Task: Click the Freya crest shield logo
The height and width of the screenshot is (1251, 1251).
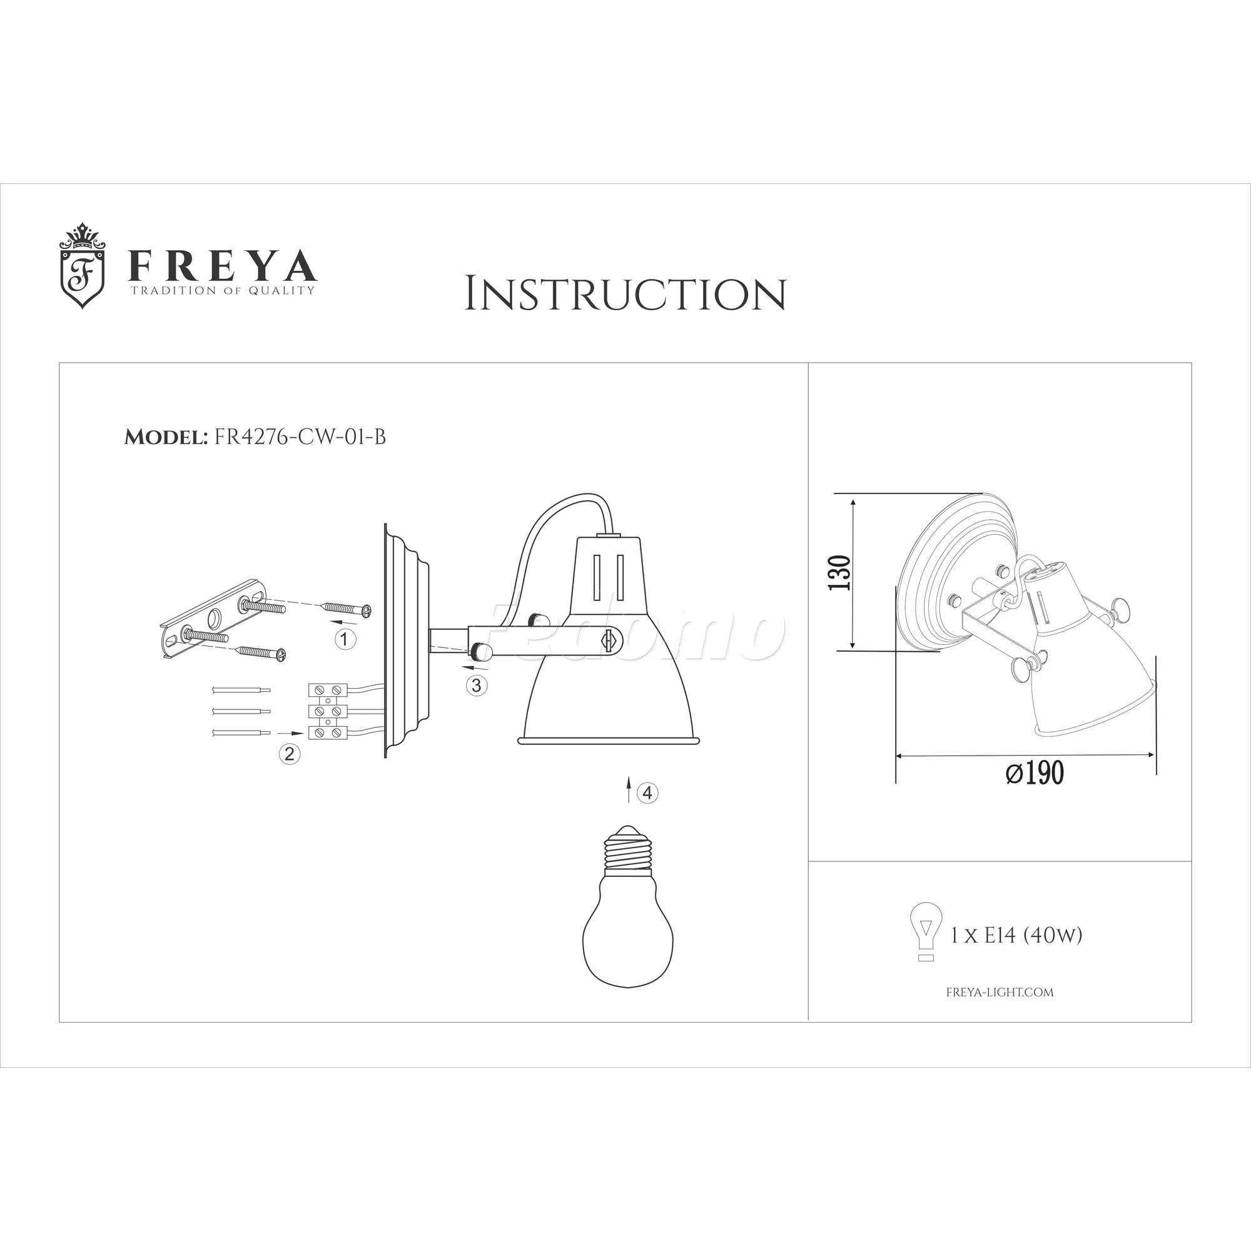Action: point(81,265)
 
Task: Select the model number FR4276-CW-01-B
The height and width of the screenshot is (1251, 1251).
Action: point(300,437)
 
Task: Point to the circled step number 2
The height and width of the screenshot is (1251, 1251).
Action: point(290,753)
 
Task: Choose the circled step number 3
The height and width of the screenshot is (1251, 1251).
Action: point(477,685)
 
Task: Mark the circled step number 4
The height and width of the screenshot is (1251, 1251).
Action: point(648,793)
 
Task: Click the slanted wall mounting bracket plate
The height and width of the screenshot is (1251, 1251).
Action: point(214,620)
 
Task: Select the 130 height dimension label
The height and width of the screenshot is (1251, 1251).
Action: point(840,572)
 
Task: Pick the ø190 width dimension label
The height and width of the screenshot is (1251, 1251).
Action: point(1035,772)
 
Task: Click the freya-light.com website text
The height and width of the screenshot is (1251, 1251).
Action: point(1000,991)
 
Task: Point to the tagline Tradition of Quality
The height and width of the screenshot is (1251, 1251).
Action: point(223,291)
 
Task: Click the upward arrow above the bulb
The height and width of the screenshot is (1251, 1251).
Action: point(628,791)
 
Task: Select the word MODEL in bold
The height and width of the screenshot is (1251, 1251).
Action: point(165,438)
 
